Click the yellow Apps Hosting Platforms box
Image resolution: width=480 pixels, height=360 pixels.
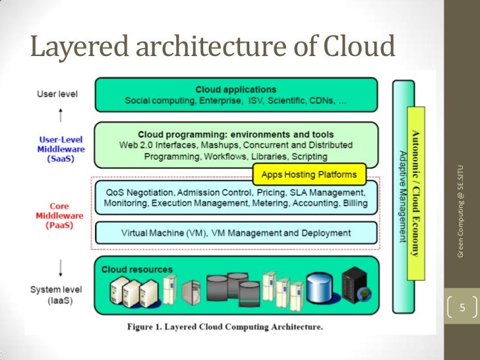tap(309, 175)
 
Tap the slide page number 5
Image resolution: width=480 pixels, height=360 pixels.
tap(462, 308)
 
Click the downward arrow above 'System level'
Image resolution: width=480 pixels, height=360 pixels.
tap(60, 267)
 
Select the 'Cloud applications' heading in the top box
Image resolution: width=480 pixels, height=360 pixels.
tap(236, 89)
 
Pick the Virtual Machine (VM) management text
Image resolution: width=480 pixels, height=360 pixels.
tap(236, 233)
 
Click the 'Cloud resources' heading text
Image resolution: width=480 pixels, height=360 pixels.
tap(136, 269)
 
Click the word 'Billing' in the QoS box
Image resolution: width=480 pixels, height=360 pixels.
tap(355, 203)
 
